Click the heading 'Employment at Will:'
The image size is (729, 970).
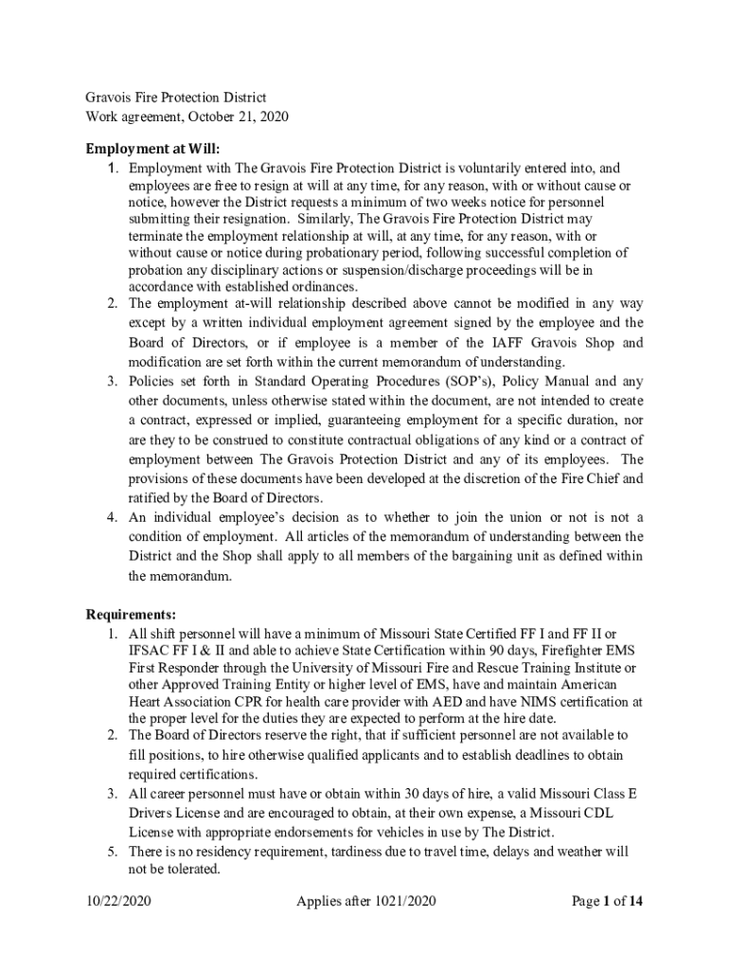pos(152,149)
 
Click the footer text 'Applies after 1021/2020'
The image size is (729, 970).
pos(364,901)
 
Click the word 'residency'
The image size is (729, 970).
pos(210,853)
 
